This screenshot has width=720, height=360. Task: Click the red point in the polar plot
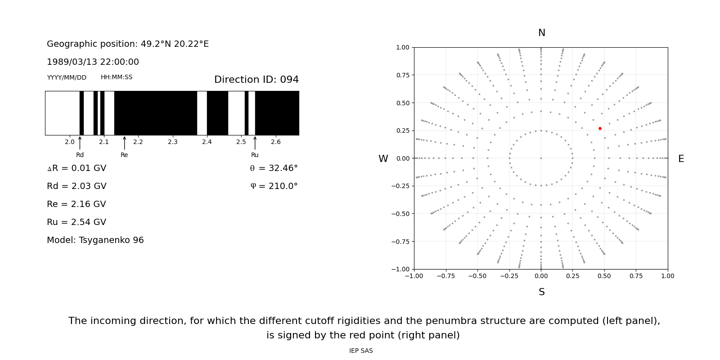pyautogui.click(x=600, y=129)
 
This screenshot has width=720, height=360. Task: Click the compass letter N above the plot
pyautogui.click(x=542, y=33)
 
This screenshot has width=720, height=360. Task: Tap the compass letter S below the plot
pyautogui.click(x=542, y=292)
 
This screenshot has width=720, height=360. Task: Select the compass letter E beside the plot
pyautogui.click(x=681, y=159)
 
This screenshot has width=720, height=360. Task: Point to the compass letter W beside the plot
pyautogui.click(x=383, y=159)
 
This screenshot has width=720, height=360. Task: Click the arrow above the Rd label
pyautogui.click(x=80, y=143)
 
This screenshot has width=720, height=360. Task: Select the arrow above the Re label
pyautogui.click(x=124, y=143)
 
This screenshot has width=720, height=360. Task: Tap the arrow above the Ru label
pyautogui.click(x=255, y=143)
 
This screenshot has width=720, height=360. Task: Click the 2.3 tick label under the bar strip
pyautogui.click(x=172, y=142)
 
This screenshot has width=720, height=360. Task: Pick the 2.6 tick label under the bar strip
pyautogui.click(x=275, y=142)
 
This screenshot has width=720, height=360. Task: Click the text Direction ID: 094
pyautogui.click(x=256, y=80)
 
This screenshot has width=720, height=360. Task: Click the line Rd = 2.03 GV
pyautogui.click(x=76, y=186)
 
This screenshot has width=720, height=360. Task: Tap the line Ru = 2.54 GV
pyautogui.click(x=76, y=222)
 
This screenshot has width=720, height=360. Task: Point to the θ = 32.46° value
pyautogui.click(x=274, y=168)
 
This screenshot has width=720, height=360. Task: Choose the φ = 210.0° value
pyautogui.click(x=274, y=186)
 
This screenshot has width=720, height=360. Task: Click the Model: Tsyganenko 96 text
pyautogui.click(x=95, y=240)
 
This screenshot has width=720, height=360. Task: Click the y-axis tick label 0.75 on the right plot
pyautogui.click(x=402, y=75)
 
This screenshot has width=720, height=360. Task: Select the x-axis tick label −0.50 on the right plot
pyautogui.click(x=477, y=276)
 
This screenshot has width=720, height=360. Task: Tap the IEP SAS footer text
pyautogui.click(x=361, y=351)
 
